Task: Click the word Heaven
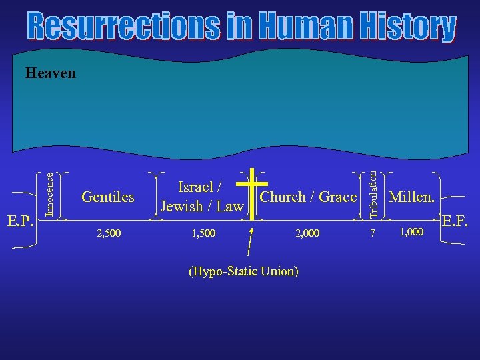(50, 73)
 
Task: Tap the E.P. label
(21, 220)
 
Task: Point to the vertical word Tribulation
(375, 193)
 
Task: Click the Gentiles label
(107, 197)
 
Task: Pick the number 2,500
(109, 233)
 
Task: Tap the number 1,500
(203, 233)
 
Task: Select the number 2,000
(307, 233)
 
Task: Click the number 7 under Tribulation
(373, 233)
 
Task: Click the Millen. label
(412, 197)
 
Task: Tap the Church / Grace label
(308, 197)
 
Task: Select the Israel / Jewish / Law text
(201, 197)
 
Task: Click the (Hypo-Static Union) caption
(243, 271)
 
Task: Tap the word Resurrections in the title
(124, 27)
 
